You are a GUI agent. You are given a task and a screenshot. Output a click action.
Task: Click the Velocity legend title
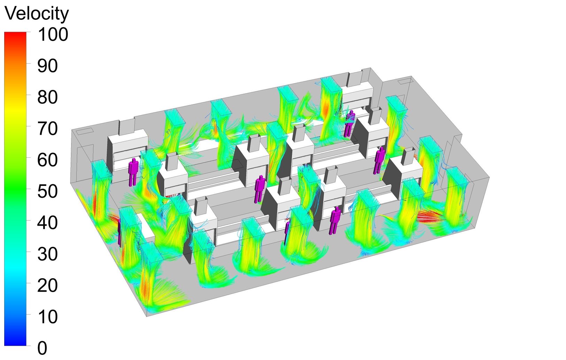point(37,14)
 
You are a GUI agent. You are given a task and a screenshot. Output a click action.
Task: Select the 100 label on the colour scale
point(53,34)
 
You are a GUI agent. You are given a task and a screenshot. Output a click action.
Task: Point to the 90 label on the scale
point(47,66)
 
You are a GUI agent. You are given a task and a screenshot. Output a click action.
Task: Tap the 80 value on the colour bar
point(47,97)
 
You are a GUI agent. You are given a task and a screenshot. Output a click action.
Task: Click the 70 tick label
point(47,128)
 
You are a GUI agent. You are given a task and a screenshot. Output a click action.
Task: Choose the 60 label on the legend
point(47,160)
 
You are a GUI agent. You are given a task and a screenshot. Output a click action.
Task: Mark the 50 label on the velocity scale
point(47,191)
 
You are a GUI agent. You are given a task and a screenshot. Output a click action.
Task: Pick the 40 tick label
point(47,222)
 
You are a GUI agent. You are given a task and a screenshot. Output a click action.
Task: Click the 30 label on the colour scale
point(47,254)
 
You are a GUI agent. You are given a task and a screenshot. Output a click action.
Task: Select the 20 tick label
point(47,285)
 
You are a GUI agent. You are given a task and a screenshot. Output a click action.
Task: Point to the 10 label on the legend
point(47,316)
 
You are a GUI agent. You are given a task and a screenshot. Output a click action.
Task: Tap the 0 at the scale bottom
point(42,348)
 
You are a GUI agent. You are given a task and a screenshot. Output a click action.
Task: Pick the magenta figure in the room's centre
point(259,188)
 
